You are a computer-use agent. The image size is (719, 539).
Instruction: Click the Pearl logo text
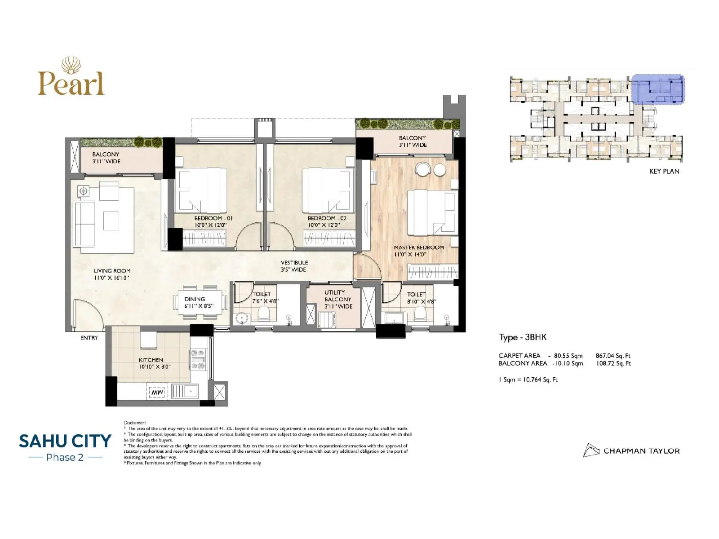[x=71, y=84]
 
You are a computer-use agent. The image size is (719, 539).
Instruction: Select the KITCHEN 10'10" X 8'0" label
[x=151, y=363]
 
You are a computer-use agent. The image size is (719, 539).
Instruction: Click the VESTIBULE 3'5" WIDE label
[x=294, y=266]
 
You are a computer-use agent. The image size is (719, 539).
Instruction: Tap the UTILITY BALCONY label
[x=337, y=299]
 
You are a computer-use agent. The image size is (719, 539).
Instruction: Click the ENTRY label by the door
[x=89, y=338]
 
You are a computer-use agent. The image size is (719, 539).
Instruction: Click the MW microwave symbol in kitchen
[x=157, y=393]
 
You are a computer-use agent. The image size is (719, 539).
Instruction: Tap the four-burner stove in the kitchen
[x=198, y=359]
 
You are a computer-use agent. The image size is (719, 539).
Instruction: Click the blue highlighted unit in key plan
[x=658, y=89]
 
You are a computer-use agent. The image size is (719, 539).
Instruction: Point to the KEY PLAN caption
[x=664, y=171]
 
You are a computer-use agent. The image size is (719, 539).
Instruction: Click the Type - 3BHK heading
[x=523, y=337]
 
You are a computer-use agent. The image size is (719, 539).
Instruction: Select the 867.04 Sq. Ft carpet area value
[x=613, y=356]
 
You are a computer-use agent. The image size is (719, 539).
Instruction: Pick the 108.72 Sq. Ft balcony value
[x=613, y=363]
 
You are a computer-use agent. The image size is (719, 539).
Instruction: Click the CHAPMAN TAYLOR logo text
[x=641, y=451]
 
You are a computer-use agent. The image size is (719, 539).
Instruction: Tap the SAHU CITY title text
[x=65, y=441]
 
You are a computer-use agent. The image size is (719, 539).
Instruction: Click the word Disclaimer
[x=134, y=423]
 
